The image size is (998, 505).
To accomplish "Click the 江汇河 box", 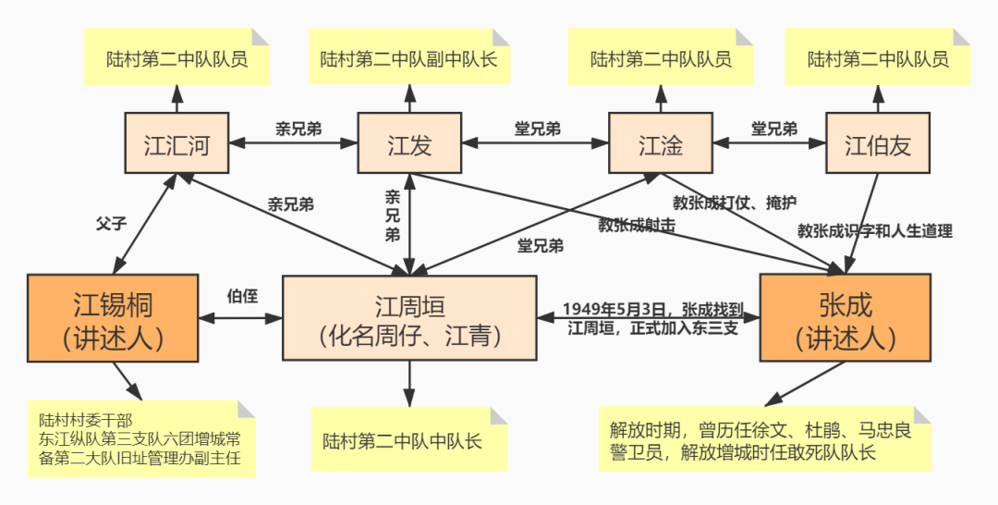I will coord(176,143).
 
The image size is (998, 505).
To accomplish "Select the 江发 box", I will coord(408,143).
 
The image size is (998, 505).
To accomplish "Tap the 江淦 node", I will coord(660,143).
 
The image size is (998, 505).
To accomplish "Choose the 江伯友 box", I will coord(877,143).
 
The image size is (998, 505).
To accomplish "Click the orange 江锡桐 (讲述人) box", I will coord(113,318).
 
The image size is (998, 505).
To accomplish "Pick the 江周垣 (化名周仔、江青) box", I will coord(408,318).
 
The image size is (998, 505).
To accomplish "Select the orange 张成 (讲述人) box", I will coord(844,318).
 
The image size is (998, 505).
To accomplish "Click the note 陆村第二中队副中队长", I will coord(408,57).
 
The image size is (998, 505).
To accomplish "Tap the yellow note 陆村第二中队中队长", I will coord(408,440).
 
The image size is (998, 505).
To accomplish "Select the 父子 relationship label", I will coord(110,223).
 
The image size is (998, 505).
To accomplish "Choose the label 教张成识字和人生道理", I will coord(874,230).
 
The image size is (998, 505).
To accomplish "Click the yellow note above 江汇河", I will coord(176,57).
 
